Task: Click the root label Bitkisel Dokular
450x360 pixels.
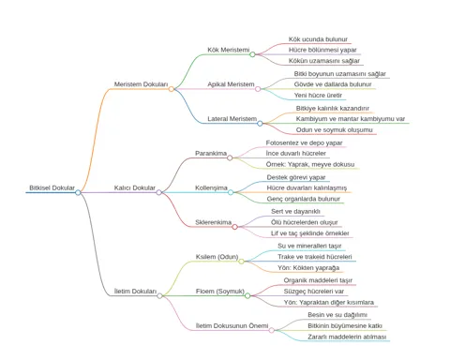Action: tap(52, 187)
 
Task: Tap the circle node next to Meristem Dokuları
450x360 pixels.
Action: tap(172, 89)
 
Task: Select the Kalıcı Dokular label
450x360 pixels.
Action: tap(135, 187)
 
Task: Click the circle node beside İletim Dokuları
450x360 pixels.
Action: tap(159, 295)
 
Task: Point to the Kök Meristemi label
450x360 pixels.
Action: tap(229, 50)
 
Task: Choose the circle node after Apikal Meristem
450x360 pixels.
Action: tap(258, 89)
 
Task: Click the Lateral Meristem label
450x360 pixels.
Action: tap(232, 119)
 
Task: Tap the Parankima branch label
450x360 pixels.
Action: tap(211, 153)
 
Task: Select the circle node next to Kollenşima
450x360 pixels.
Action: tap(231, 192)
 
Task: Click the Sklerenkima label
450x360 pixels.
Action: tap(214, 222)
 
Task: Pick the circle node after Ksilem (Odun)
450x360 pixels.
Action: tap(241, 262)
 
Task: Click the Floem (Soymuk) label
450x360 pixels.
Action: tap(220, 292)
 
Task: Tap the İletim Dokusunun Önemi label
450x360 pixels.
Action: tap(232, 325)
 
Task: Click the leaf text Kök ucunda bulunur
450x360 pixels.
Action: tap(318, 39)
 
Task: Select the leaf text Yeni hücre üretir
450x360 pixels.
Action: tap(318, 95)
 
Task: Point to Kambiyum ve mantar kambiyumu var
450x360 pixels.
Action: tap(351, 119)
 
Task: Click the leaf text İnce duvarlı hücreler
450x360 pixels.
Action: tap(296, 153)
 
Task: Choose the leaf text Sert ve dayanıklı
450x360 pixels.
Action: tap(295, 211)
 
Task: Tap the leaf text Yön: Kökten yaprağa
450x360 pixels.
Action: tap(308, 268)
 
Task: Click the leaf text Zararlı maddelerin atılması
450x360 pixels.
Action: tap(347, 337)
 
